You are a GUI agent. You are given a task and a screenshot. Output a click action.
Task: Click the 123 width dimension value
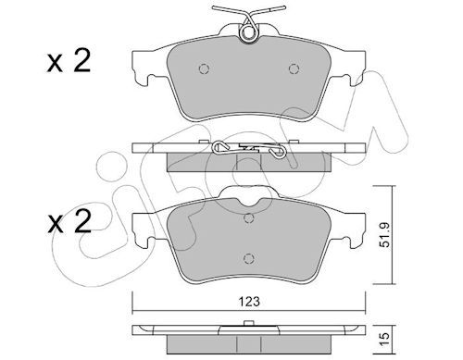pyautogui.click(x=249, y=302)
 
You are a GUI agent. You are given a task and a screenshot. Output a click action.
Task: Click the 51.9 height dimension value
pyautogui.click(x=385, y=235)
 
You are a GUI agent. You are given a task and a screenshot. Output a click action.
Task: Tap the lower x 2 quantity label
pyautogui.click(x=69, y=221)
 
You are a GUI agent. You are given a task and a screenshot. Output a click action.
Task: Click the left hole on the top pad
pyautogui.click(x=204, y=68)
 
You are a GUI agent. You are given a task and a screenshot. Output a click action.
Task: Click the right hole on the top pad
pyautogui.click(x=294, y=68)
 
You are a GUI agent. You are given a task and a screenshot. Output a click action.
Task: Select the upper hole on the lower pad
pyautogui.click(x=249, y=218)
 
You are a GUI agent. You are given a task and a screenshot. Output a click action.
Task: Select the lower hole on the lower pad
pyautogui.click(x=249, y=258)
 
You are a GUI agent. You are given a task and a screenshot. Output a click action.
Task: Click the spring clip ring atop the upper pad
pyautogui.click(x=248, y=32)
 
